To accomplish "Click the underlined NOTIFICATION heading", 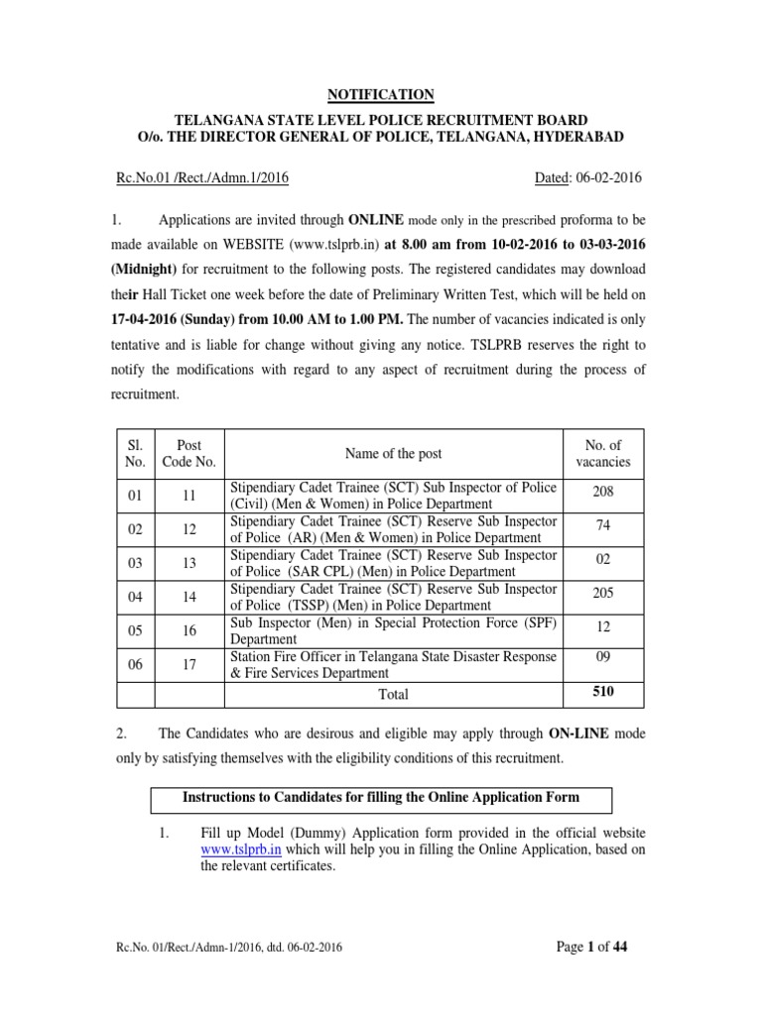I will coord(381,95).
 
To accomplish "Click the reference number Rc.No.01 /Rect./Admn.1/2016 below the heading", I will coord(202,178).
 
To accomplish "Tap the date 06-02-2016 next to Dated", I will coord(605,178).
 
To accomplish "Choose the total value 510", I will coord(602,693).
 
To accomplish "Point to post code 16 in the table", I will coord(190,630).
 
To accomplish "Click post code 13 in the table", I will coord(190,563).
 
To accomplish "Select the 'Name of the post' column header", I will coord(393,454).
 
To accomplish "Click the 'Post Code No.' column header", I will coord(190,453).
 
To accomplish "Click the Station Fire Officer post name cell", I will coord(393,664).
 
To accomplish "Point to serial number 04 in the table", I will coord(135,597).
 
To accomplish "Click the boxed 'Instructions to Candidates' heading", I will coord(381,797).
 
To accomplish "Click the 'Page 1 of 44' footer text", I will coord(592,947).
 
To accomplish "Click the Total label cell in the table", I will coord(393,695).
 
